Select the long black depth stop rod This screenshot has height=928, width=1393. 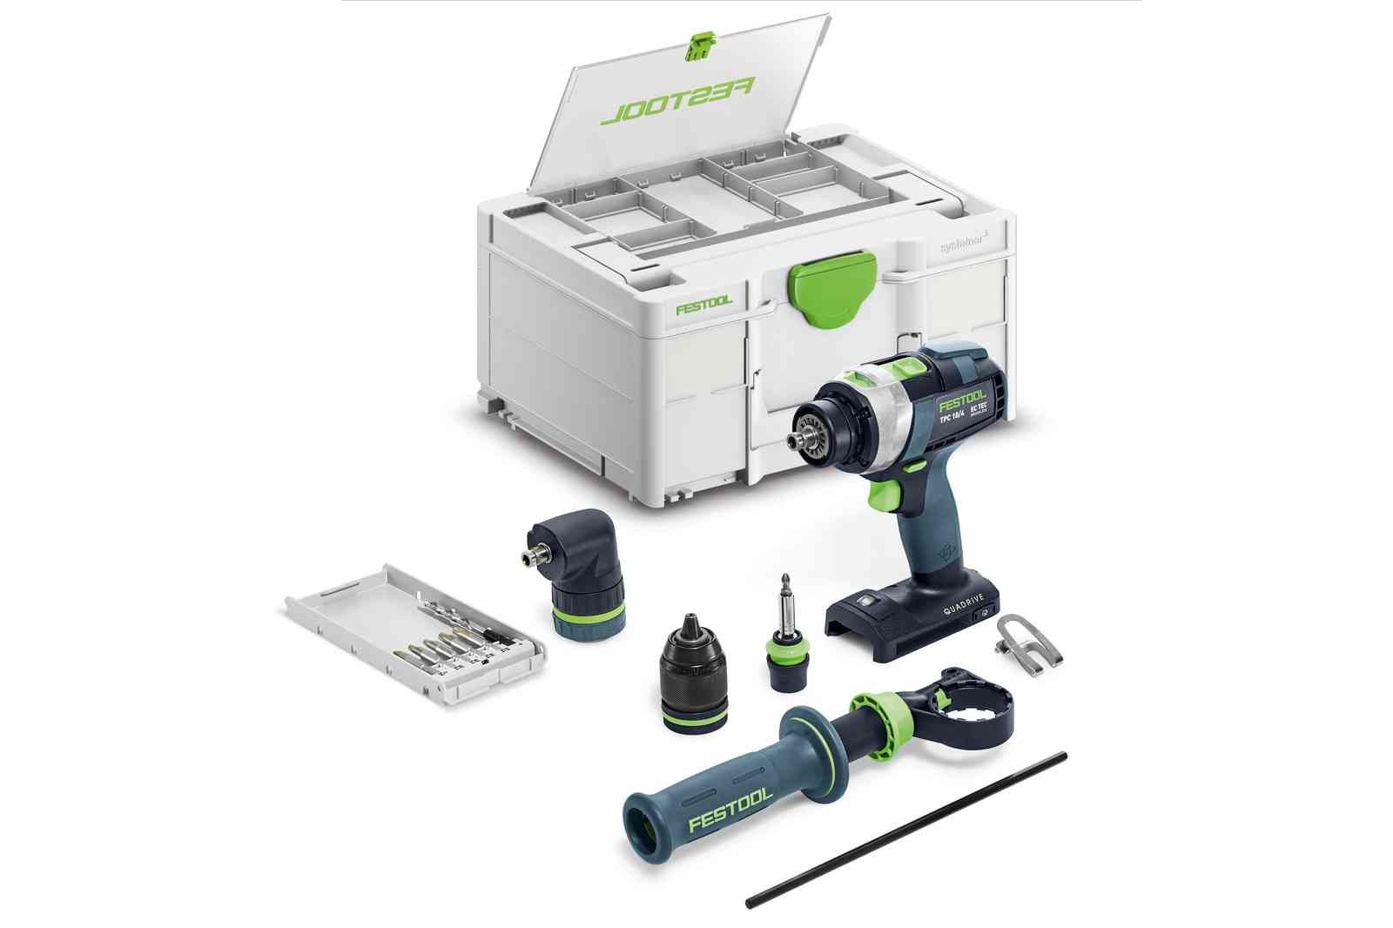(905, 829)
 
